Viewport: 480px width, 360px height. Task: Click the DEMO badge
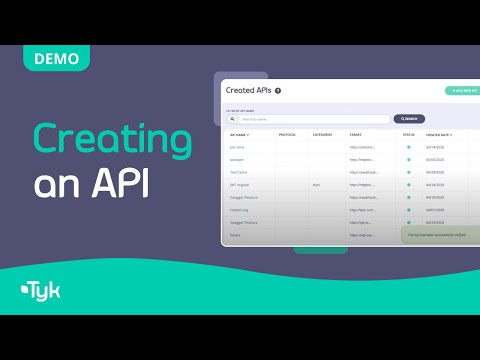tap(57, 58)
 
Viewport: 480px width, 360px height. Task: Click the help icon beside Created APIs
tap(278, 91)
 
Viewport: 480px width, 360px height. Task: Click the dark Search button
tap(409, 119)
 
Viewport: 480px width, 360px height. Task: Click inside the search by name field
tap(310, 119)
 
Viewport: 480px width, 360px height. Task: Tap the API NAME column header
tap(240, 134)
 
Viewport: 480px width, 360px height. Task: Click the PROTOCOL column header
tap(287, 134)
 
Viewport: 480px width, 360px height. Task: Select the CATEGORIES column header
tap(322, 134)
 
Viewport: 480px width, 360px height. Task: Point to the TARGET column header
tap(356, 134)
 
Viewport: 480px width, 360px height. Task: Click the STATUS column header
tap(408, 134)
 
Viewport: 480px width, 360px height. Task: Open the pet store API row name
tap(237, 147)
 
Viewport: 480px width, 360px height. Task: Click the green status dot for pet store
tap(408, 147)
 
